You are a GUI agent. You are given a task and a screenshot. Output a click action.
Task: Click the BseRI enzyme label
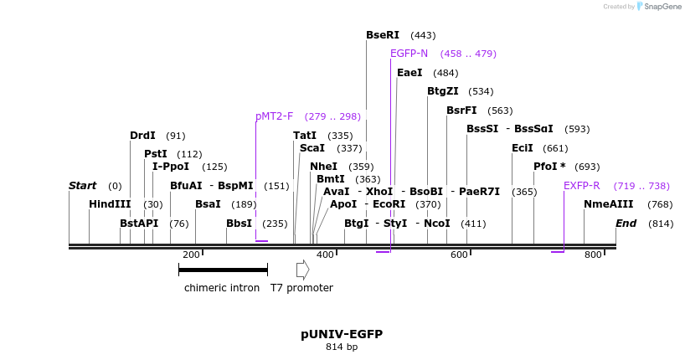coord(383,35)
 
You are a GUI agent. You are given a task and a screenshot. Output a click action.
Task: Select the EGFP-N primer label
coord(409,54)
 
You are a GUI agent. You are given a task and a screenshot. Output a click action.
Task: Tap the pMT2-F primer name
coord(274,116)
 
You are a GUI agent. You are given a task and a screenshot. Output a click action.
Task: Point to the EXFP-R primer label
coord(581,186)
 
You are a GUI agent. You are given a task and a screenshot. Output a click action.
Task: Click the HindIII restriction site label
coord(109,204)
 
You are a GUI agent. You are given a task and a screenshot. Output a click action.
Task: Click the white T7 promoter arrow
coord(303,270)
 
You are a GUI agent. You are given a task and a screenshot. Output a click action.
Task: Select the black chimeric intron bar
coord(223,270)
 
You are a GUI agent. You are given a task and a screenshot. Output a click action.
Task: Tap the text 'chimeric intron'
coord(222,288)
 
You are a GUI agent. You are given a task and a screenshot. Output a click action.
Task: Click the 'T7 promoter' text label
coord(301,288)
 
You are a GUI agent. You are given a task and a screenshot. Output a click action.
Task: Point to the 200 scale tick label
coord(191,255)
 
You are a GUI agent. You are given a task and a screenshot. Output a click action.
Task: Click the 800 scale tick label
coord(593,255)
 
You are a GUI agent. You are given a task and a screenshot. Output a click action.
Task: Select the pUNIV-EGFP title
coord(342,334)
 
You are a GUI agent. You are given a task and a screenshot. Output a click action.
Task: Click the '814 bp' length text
coord(342,347)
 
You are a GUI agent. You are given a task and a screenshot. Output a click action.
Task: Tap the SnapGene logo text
coord(662,7)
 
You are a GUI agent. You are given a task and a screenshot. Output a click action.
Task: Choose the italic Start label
coord(82,186)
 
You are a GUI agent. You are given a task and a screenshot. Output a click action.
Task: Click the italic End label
coord(626,224)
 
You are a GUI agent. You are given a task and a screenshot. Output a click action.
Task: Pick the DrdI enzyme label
coord(142,136)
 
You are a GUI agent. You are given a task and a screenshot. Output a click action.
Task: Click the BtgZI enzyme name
coord(443,91)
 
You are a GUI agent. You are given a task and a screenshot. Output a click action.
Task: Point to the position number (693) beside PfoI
coord(587,167)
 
